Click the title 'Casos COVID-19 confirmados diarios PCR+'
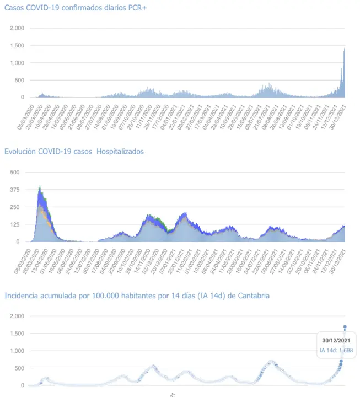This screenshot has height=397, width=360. click(x=76, y=7)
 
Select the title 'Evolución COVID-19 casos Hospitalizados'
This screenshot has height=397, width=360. click(x=74, y=151)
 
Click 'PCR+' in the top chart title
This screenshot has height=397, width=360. click(x=137, y=7)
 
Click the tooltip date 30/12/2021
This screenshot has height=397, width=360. click(x=336, y=340)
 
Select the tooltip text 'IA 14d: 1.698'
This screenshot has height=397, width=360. click(x=336, y=350)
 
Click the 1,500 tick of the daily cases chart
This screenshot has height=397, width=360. click(x=17, y=45)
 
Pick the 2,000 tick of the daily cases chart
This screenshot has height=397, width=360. click(x=17, y=28)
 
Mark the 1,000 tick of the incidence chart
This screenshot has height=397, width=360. click(x=17, y=351)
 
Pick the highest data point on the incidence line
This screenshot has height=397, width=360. click(x=345, y=327)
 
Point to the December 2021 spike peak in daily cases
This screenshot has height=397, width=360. click(x=345, y=49)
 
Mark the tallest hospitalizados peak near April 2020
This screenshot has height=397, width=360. click(x=40, y=187)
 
